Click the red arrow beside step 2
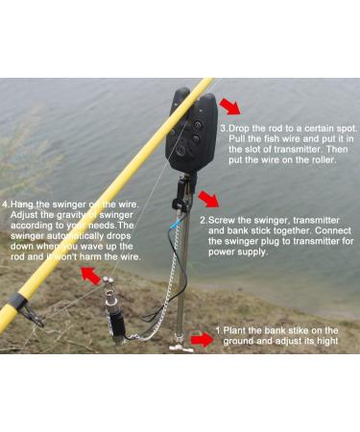coord(208,200)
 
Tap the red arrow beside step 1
coord(201,339)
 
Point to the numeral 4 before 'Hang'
coord(6,204)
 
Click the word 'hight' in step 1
coord(321,344)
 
